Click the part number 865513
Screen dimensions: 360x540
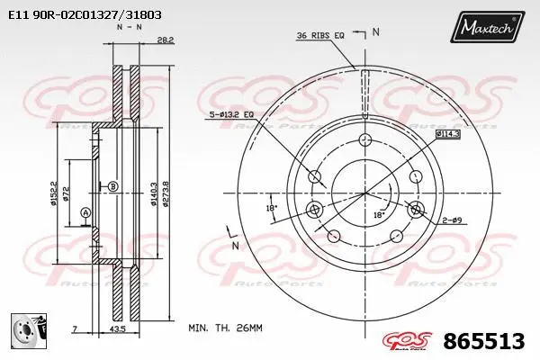coord(484,342)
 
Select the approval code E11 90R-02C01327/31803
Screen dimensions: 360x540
coord(72,15)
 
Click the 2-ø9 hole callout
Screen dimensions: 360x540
coord(454,220)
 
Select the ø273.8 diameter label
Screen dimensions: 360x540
coord(167,193)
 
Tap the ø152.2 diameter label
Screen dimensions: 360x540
coord(55,193)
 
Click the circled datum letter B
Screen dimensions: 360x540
coord(112,186)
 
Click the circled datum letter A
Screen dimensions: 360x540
coord(85,212)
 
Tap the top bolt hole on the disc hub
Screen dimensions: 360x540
coord(364,139)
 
